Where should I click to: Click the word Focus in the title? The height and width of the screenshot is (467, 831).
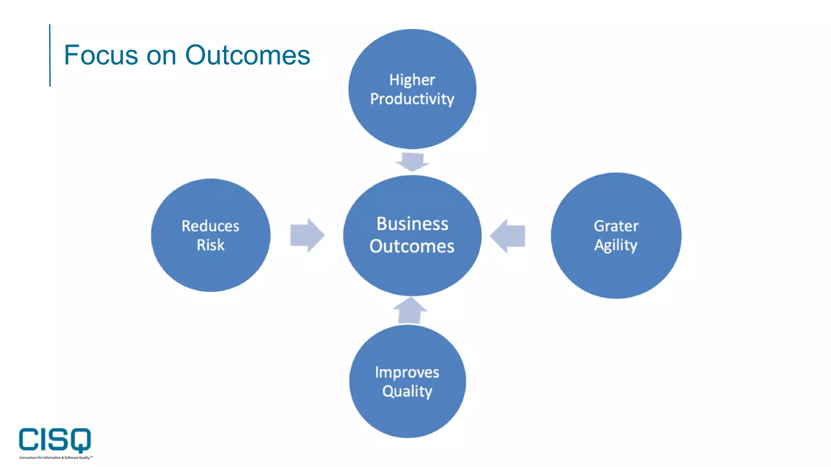pyautogui.click(x=101, y=55)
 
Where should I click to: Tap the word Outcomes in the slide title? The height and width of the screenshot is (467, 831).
pyautogui.click(x=248, y=55)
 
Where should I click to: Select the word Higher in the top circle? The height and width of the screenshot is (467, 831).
pyautogui.click(x=412, y=80)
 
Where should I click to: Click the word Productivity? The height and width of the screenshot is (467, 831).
pyautogui.click(x=412, y=99)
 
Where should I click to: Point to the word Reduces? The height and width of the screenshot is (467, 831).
pyautogui.click(x=210, y=226)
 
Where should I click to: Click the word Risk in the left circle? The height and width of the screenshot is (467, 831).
pyautogui.click(x=210, y=245)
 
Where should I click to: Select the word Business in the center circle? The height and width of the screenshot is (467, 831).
pyautogui.click(x=412, y=224)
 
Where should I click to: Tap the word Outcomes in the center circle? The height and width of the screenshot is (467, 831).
pyautogui.click(x=412, y=246)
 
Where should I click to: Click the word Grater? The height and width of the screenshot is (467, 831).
pyautogui.click(x=616, y=226)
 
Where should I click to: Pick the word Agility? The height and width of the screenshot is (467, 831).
pyautogui.click(x=616, y=245)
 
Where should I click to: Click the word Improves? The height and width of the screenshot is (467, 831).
pyautogui.click(x=407, y=372)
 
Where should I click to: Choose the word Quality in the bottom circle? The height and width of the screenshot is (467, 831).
pyautogui.click(x=407, y=391)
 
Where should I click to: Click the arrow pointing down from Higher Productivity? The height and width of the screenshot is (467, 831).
pyautogui.click(x=412, y=162)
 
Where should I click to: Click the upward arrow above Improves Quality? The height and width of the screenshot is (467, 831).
pyautogui.click(x=410, y=311)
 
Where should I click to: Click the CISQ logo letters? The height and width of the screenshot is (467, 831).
pyautogui.click(x=55, y=439)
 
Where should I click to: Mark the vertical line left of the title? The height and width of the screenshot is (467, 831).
pyautogui.click(x=50, y=55)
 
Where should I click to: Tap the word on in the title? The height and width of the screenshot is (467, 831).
pyautogui.click(x=161, y=55)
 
